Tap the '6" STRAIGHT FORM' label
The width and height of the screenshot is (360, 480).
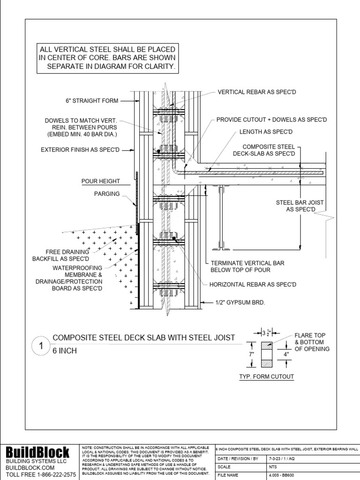pyautogui.click(x=92, y=100)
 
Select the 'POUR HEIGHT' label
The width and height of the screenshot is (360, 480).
pyautogui.click(x=100, y=181)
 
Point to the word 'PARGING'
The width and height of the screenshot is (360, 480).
pyautogui.click(x=107, y=194)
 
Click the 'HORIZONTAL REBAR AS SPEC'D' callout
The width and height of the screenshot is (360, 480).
pyautogui.click(x=253, y=285)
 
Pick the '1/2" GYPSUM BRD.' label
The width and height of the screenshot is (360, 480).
pyautogui.click(x=240, y=302)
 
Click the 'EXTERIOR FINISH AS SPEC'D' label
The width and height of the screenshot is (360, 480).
pyautogui.click(x=81, y=150)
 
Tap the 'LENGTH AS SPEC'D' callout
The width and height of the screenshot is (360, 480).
pyautogui.click(x=266, y=132)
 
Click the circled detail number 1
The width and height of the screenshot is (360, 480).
pyautogui.click(x=41, y=346)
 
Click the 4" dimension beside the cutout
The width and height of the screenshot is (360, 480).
pyautogui.click(x=285, y=355)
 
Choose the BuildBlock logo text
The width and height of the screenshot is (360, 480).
pyautogui.click(x=37, y=452)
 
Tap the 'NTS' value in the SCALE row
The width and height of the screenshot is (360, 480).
pyautogui.click(x=272, y=466)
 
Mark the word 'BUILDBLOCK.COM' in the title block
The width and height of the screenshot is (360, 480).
pyautogui.click(x=30, y=468)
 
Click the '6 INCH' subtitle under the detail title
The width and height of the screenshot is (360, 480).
pyautogui.click(x=65, y=351)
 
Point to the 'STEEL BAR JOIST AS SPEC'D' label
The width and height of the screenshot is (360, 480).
pyautogui.click(x=300, y=205)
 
